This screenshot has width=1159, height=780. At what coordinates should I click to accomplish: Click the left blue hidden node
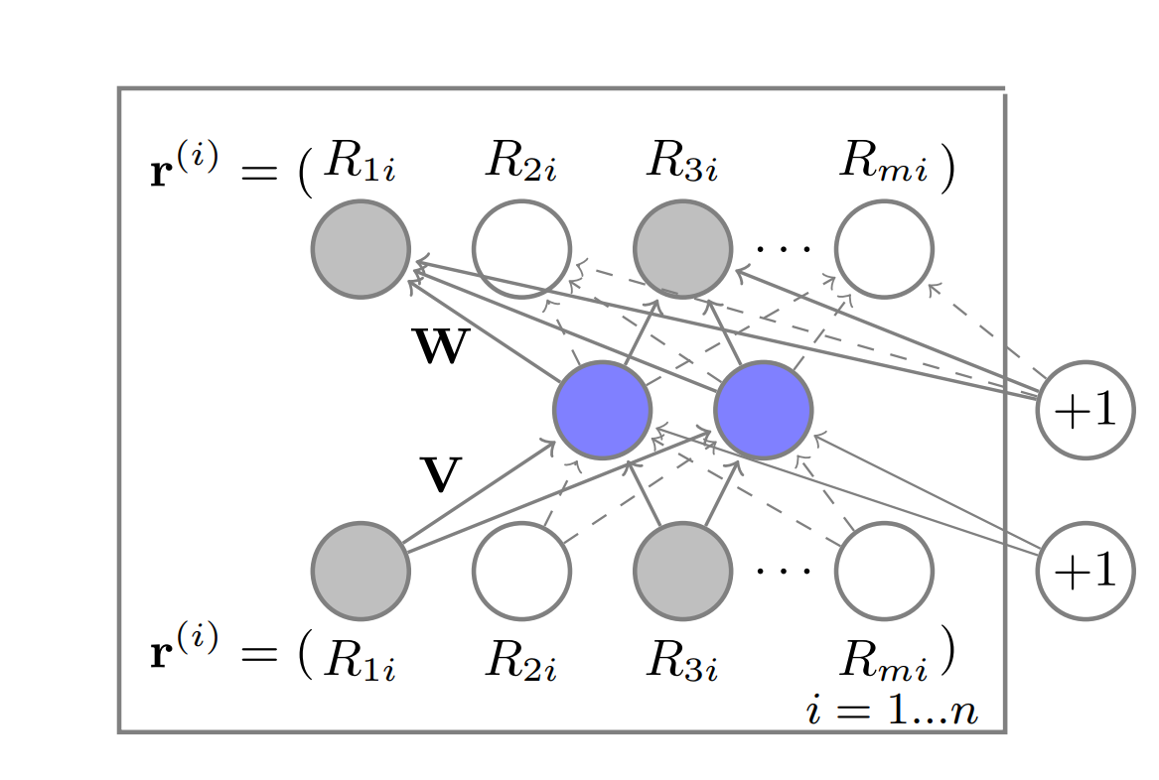pyautogui.click(x=602, y=410)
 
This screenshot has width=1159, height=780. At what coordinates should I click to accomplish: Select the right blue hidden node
pyautogui.click(x=763, y=410)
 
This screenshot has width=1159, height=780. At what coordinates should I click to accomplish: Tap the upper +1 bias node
pyautogui.click(x=1085, y=410)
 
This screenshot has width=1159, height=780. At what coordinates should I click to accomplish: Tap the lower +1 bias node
pyautogui.click(x=1085, y=571)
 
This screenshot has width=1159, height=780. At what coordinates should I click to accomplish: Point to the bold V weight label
pyautogui.click(x=441, y=476)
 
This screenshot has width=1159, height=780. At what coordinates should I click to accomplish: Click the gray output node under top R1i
pyautogui.click(x=361, y=249)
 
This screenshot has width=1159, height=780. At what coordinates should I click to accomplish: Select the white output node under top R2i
pyautogui.click(x=521, y=249)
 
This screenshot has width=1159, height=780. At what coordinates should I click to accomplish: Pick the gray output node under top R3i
pyautogui.click(x=682, y=249)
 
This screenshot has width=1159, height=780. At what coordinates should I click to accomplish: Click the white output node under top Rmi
pyautogui.click(x=883, y=249)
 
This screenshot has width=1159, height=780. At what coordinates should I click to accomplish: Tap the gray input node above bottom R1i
pyautogui.click(x=361, y=571)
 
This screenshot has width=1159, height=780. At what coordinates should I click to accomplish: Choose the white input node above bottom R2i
pyautogui.click(x=521, y=571)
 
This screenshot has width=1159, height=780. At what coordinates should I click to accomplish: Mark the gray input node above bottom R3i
pyautogui.click(x=682, y=571)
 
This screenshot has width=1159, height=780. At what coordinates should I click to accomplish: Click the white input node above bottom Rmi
pyautogui.click(x=883, y=571)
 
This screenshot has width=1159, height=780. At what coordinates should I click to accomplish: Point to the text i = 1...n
pyautogui.click(x=891, y=712)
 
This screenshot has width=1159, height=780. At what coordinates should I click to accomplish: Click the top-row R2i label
pyautogui.click(x=520, y=163)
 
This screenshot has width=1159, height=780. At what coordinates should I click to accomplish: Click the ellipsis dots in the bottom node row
pyautogui.click(x=783, y=571)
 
